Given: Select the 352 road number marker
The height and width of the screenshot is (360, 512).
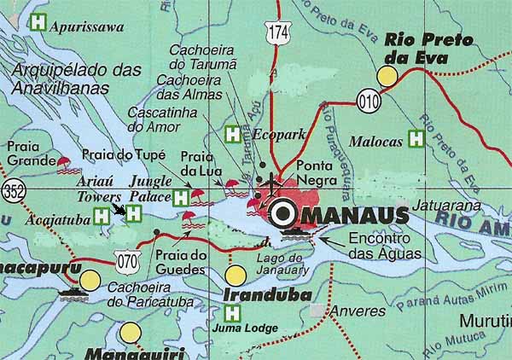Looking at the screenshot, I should click(11, 189).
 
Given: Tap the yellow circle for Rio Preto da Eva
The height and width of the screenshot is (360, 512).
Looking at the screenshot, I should click(388, 77).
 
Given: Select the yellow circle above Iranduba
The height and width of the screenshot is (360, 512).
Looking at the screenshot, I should click(236, 276).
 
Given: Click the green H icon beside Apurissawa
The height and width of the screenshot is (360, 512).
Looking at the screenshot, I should click(38, 23).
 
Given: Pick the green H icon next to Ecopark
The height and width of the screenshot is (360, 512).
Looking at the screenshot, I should click(232, 133).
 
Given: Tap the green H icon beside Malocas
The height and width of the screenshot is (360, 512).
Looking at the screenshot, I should click(416, 136).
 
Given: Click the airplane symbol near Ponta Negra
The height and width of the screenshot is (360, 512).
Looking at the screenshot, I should click(272, 181).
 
